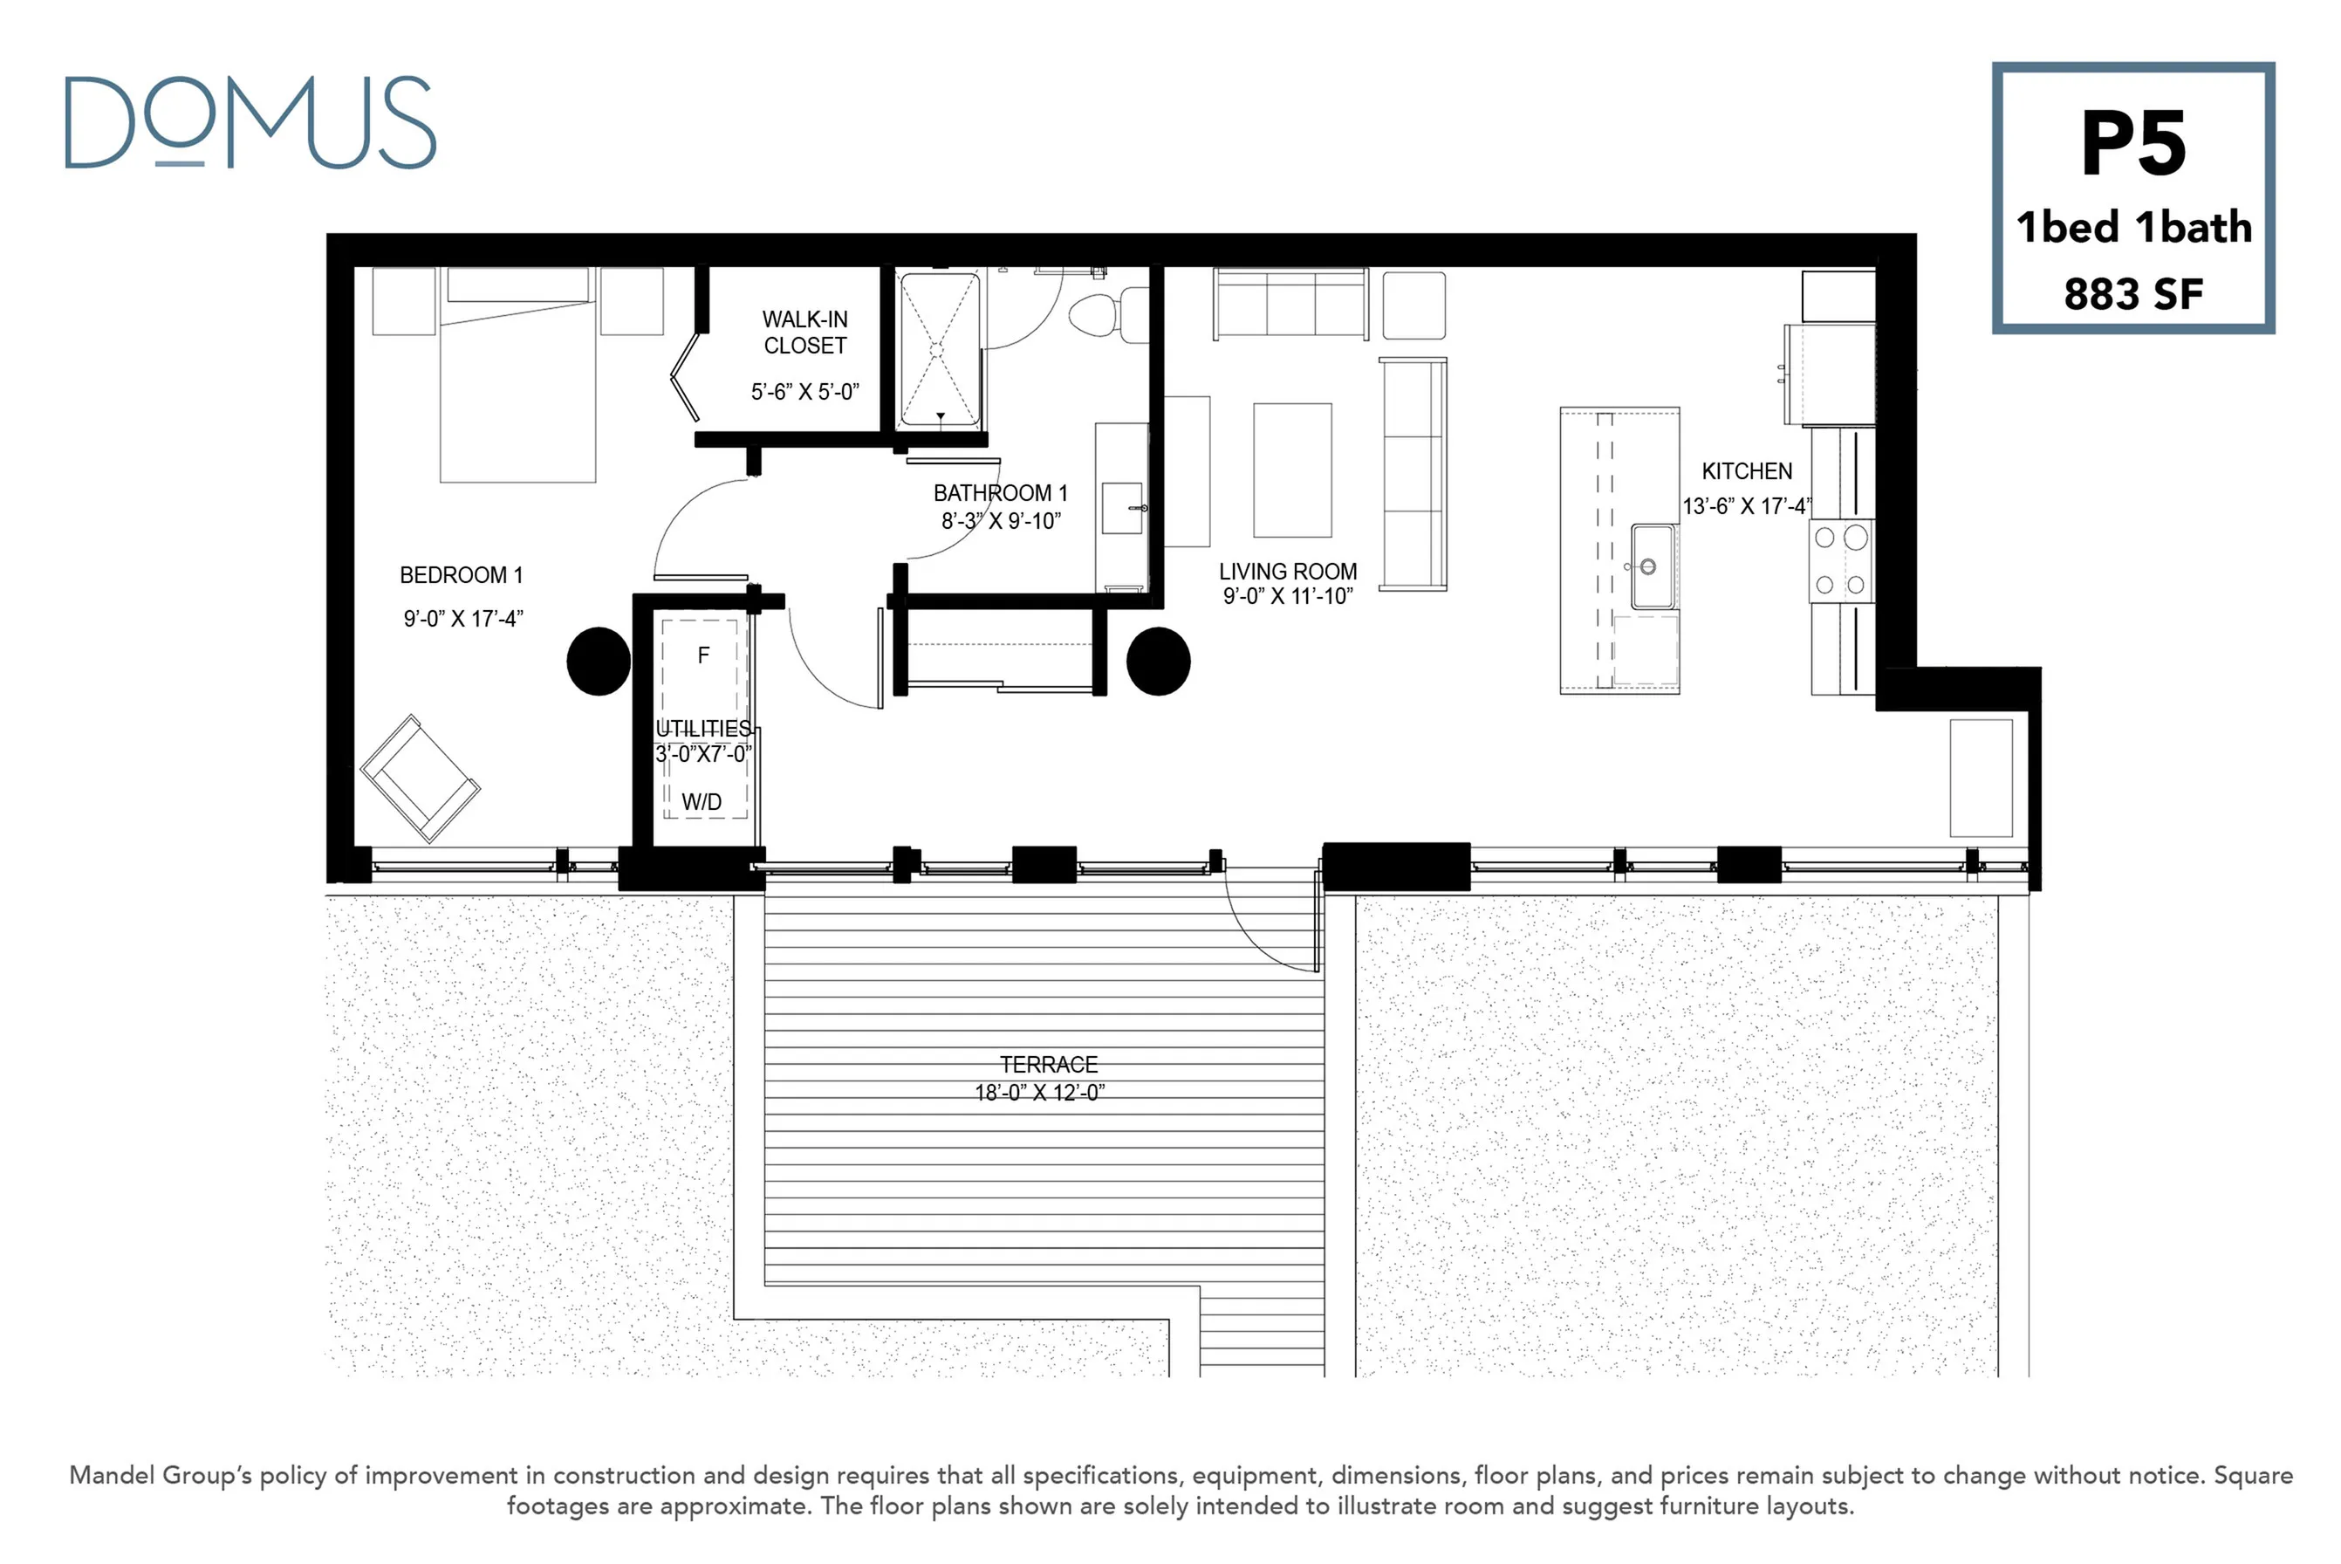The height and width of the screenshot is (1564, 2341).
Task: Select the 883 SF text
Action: click(2132, 294)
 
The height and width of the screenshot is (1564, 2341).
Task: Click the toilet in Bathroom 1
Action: click(1109, 315)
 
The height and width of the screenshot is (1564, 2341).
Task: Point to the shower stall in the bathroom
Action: click(939, 350)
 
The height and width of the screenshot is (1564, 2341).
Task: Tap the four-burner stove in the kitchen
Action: click(1840, 561)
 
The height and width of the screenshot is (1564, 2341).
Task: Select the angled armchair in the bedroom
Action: click(420, 778)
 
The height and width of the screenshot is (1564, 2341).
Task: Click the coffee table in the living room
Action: click(1292, 470)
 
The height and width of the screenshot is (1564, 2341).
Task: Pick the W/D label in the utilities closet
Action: click(702, 802)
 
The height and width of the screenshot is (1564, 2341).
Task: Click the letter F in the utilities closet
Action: click(704, 655)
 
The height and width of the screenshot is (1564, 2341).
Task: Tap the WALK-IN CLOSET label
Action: click(805, 333)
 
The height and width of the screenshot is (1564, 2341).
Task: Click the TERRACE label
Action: click(1049, 1064)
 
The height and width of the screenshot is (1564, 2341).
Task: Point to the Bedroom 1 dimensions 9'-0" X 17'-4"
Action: click(462, 619)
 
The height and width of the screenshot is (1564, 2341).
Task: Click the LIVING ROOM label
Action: click(1288, 572)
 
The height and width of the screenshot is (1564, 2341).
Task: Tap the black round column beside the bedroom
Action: click(599, 661)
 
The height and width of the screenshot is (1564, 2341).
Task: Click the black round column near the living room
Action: click(1159, 661)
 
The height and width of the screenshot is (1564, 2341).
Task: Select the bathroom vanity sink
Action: click(1123, 508)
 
